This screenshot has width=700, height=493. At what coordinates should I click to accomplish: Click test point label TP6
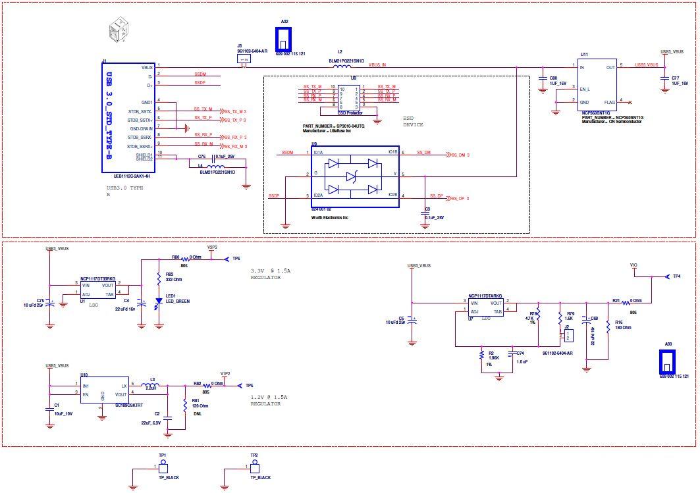236,259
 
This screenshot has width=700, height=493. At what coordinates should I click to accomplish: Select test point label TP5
249,385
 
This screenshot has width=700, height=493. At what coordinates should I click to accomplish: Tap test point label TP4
676,276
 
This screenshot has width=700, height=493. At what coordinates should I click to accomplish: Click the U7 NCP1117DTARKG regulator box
485,307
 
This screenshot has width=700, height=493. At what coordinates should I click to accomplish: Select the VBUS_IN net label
377,65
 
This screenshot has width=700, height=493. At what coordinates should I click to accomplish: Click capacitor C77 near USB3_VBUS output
665,80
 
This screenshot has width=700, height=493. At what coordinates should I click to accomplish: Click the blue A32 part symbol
284,39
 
